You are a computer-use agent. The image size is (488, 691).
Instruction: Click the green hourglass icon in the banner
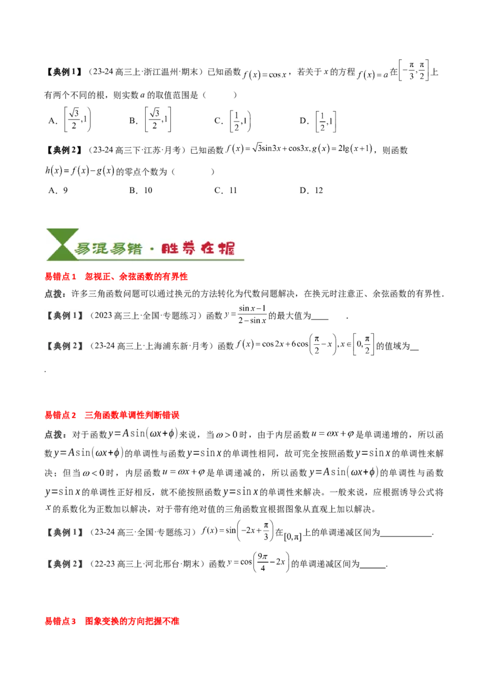(59, 244)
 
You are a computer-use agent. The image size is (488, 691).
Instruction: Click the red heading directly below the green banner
(116, 277)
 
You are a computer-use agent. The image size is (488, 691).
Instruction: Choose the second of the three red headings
(112, 415)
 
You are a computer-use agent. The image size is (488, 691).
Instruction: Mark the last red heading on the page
(112, 622)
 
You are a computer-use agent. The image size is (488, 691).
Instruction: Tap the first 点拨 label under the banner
(57, 294)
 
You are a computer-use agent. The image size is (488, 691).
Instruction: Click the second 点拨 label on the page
(57, 435)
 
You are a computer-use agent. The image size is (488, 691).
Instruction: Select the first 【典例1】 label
(65, 316)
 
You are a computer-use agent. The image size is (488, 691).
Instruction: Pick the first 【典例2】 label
(65, 345)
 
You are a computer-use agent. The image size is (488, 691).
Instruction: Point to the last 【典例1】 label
(65, 532)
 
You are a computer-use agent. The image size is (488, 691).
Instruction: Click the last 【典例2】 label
(65, 564)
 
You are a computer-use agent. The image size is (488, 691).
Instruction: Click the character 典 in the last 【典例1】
(58, 532)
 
